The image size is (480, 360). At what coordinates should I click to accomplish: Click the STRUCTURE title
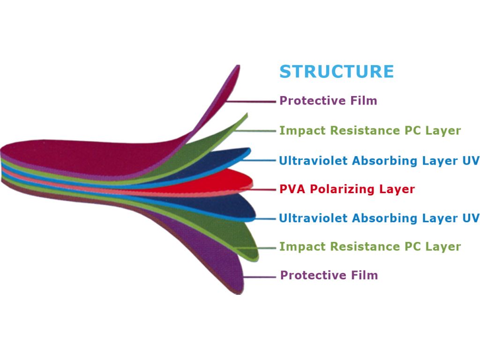pos(337,71)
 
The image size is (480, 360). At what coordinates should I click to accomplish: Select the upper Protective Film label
pos(328,101)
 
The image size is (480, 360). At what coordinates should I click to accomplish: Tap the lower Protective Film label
pos(329,275)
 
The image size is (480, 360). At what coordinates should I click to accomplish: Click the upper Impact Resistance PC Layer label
pos(370,130)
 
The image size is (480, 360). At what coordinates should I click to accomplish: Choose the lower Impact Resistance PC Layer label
pos(370,247)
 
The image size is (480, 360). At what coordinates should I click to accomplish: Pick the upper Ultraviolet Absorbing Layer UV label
pos(379,160)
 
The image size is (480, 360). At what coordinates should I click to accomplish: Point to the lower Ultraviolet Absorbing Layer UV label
pos(379,218)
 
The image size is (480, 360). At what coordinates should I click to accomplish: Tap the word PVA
pos(292,189)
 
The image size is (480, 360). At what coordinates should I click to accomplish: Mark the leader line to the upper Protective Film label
pos(251,101)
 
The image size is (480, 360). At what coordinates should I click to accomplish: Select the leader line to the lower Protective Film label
pos(260,277)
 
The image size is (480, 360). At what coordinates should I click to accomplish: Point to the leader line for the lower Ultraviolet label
pos(265,218)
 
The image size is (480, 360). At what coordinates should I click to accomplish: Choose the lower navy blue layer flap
pos(220,206)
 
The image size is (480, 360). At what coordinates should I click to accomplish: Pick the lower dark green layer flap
pos(226,232)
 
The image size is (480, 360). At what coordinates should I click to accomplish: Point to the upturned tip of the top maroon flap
pos(238,66)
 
